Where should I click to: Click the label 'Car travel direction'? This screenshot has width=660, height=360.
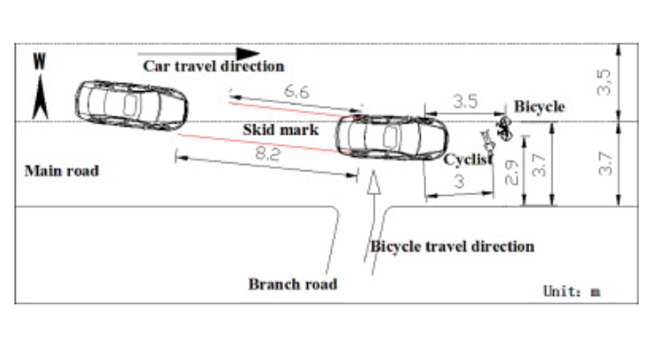click(x=214, y=66)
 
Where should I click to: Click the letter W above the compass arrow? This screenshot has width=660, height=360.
click(x=40, y=63)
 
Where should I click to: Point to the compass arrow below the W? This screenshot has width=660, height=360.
click(x=40, y=96)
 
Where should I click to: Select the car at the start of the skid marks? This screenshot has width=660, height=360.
click(x=131, y=105)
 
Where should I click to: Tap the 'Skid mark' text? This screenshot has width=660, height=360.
click(x=274, y=130)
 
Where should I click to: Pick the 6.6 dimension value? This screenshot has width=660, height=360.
click(x=297, y=92)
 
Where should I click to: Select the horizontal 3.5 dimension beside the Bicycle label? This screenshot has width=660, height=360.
click(x=464, y=102)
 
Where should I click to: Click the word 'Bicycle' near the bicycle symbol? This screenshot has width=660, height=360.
click(x=539, y=107)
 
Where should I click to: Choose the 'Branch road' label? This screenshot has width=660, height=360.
click(x=292, y=284)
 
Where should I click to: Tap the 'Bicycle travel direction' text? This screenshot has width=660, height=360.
click(x=452, y=246)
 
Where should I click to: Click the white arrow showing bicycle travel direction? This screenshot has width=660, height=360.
click(x=374, y=190)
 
